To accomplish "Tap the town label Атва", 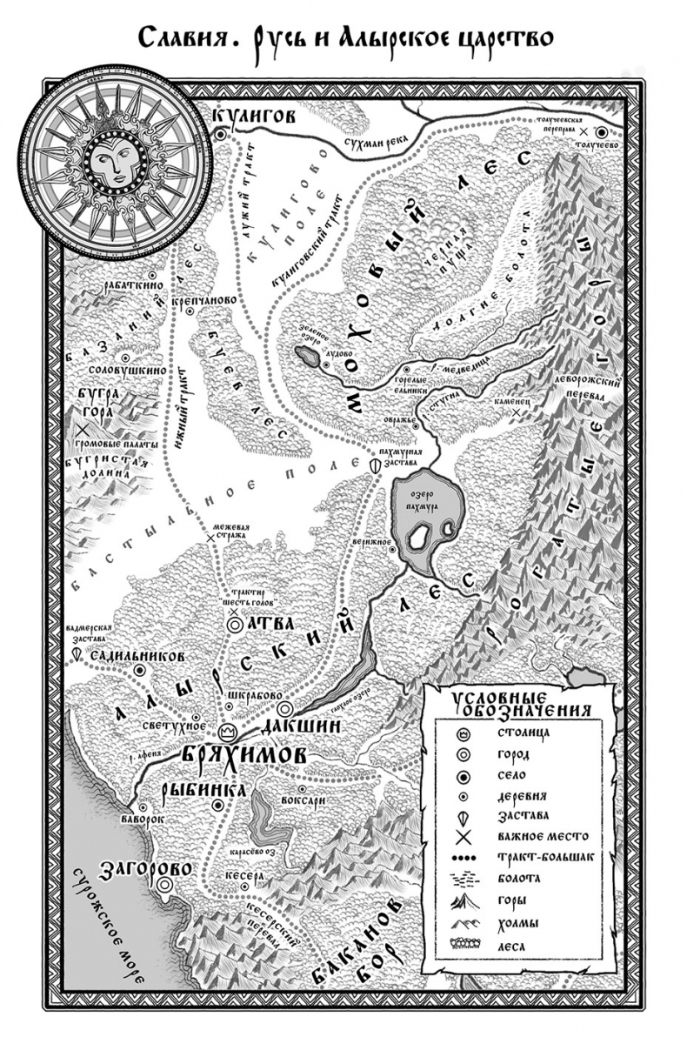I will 266,624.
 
